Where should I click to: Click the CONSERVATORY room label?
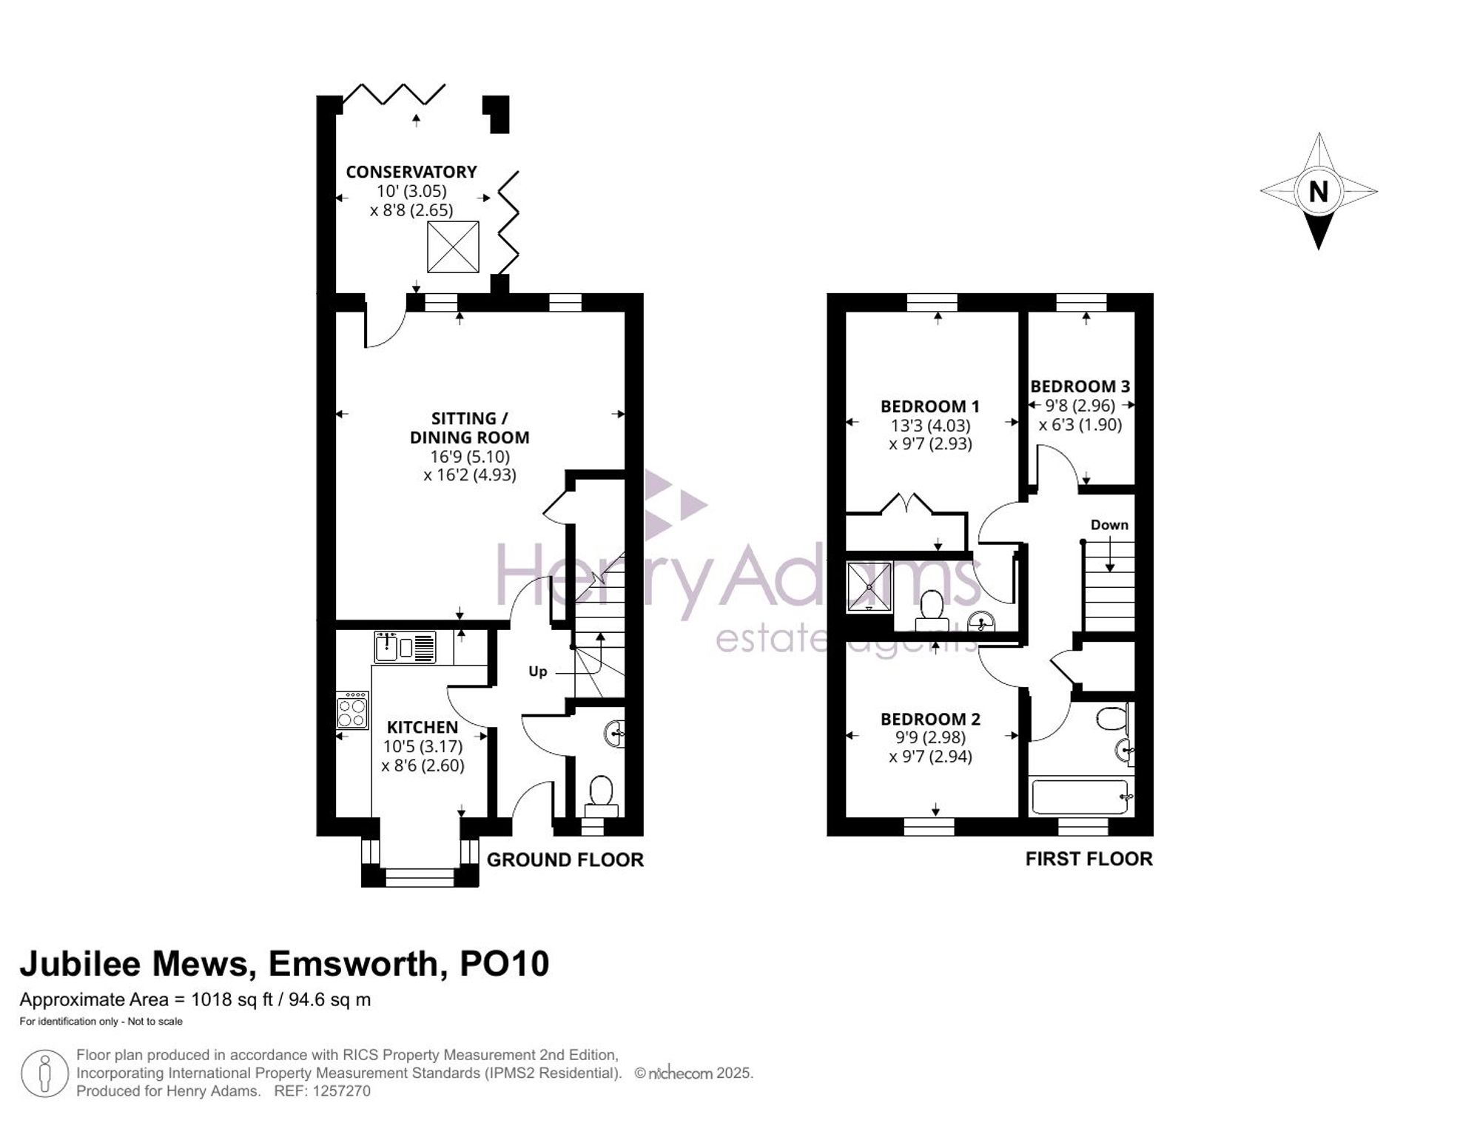tap(411, 172)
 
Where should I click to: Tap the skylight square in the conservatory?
tap(453, 247)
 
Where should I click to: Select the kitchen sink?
tap(406, 648)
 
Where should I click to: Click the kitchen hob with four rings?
tap(352, 711)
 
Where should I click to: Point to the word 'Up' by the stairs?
tap(538, 671)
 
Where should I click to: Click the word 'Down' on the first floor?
tap(1109, 525)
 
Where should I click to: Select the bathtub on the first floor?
tap(1080, 796)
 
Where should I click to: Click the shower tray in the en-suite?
tap(869, 587)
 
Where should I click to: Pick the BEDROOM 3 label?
tap(1080, 386)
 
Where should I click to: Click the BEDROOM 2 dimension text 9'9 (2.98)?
tap(930, 737)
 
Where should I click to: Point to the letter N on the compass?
tap(1318, 192)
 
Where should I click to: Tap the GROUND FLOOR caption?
tap(565, 859)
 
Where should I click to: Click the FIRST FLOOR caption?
tap(1089, 859)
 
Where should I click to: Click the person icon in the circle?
tap(44, 1073)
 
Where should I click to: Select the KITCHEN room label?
tap(423, 728)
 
